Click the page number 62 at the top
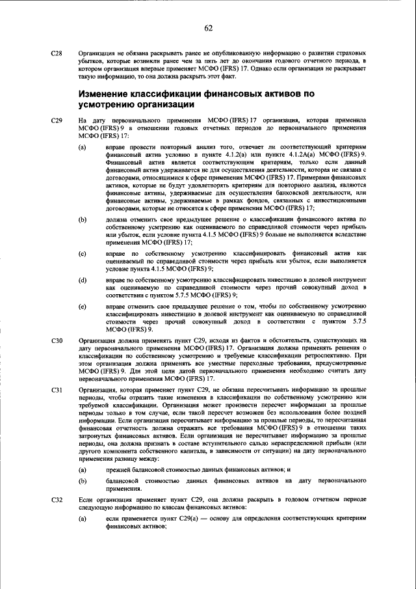coord(208,27)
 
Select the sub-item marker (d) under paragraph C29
coord(83,279)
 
